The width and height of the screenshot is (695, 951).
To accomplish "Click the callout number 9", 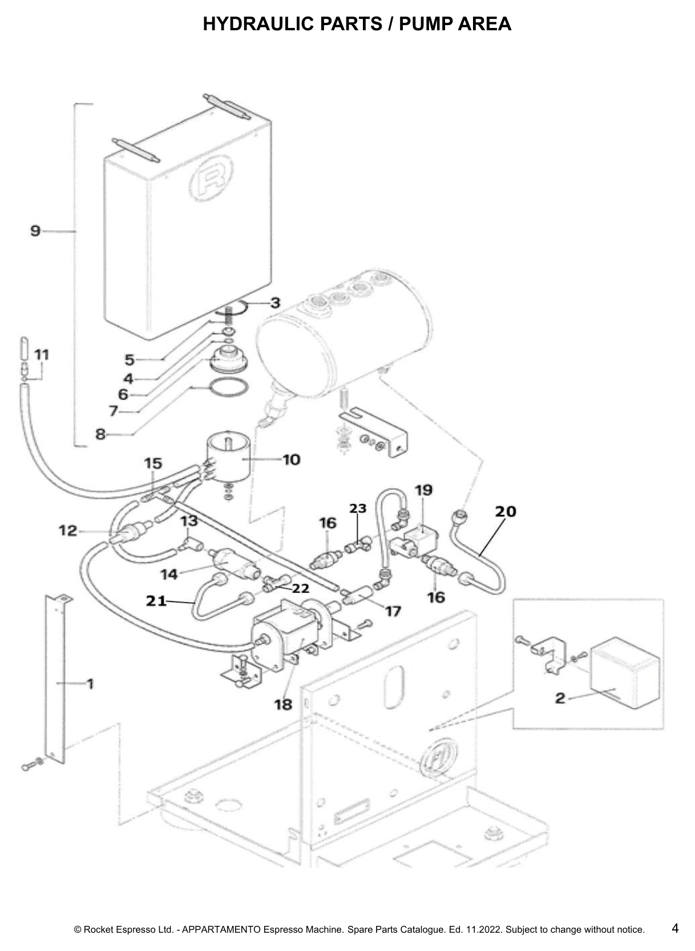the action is [35, 231].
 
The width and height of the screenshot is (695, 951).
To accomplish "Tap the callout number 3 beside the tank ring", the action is [275, 303].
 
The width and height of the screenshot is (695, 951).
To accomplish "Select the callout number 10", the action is [292, 459].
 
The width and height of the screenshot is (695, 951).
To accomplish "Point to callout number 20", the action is [506, 511].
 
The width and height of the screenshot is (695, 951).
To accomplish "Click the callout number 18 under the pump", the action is [283, 704].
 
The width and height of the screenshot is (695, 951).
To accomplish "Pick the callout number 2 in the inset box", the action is [560, 697].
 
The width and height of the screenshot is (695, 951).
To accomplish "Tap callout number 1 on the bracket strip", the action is [90, 684].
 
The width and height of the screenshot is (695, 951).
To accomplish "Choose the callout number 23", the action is [357, 508].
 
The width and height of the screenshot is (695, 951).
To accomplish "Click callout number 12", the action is [68, 530].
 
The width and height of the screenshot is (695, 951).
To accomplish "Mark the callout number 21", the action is [156, 601].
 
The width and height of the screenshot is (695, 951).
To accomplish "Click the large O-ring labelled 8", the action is [229, 388].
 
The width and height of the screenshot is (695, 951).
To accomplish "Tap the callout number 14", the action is [169, 575].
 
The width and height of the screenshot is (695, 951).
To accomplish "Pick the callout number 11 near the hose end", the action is [42, 354].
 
